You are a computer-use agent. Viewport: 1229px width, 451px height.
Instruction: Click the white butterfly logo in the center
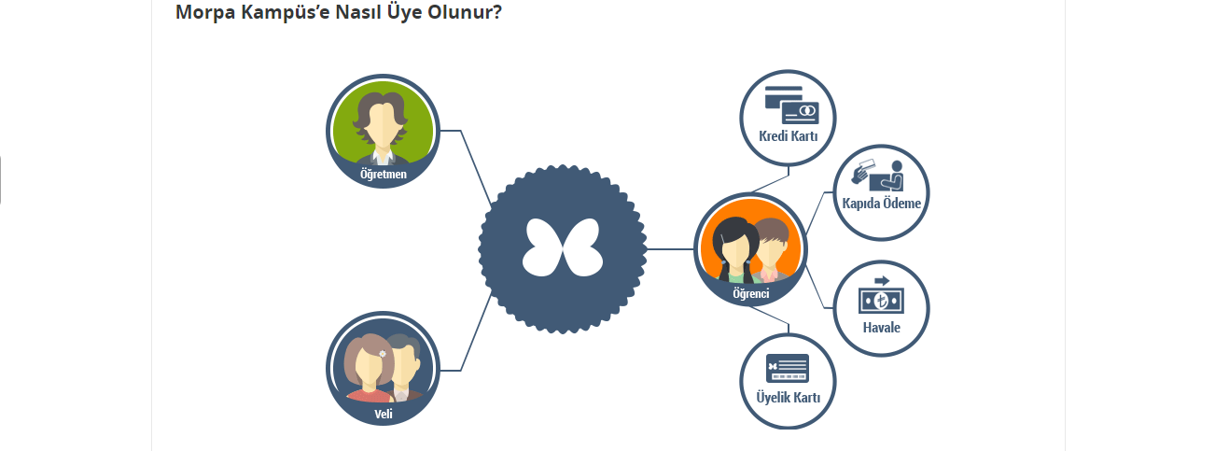coord(563,248)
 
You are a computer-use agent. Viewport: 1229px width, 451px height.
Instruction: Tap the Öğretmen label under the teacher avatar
coord(383,174)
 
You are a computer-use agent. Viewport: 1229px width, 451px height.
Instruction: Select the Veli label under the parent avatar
coord(383,414)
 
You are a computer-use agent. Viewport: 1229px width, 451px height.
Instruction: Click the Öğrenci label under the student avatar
coord(750,294)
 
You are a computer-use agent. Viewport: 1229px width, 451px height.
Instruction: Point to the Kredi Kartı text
coord(788,137)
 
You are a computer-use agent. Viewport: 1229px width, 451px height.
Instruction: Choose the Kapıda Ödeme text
coord(881,204)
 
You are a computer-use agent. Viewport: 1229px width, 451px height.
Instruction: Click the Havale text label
coord(881,328)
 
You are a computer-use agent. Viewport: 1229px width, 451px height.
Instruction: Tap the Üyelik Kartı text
coord(788,398)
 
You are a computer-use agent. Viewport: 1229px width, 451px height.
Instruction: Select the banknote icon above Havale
coord(881,299)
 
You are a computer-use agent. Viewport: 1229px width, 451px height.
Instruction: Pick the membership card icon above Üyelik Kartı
coord(787,368)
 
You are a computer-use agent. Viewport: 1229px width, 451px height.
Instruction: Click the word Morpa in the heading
coord(203,13)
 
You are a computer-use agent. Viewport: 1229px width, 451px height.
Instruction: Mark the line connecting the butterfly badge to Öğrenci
coord(670,249)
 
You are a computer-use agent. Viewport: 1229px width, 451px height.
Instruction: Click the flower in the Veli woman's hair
coord(383,352)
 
